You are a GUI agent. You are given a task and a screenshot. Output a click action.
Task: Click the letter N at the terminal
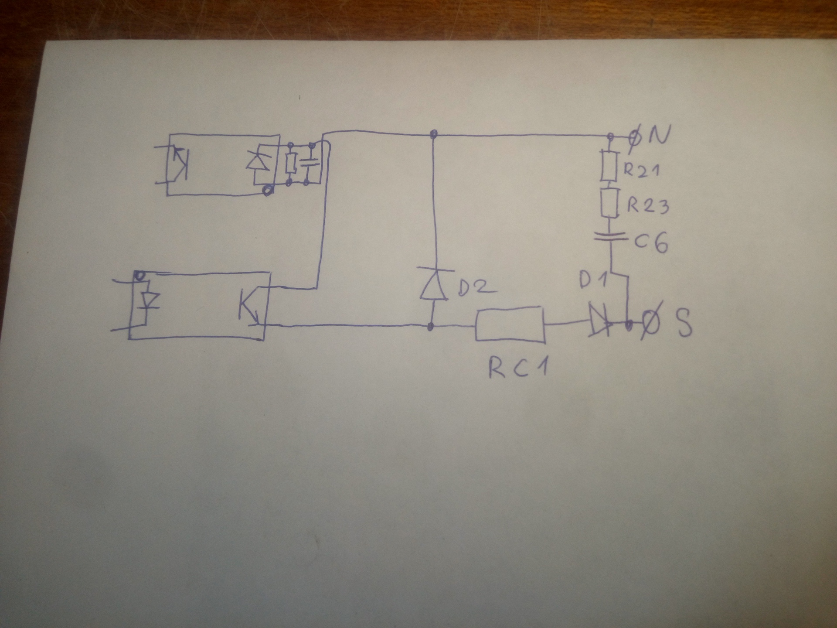click(658, 135)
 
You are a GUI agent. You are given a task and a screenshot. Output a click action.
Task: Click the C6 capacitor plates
click(610, 238)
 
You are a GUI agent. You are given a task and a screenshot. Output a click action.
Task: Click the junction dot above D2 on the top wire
click(433, 134)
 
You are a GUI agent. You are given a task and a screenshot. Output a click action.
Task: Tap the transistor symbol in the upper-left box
click(180, 163)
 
